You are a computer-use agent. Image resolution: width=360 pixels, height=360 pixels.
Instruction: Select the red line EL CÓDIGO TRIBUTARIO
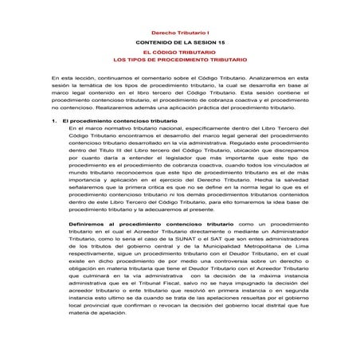pyautogui.click(x=179, y=52)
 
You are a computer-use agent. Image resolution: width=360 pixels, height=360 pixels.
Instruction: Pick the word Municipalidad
pyautogui.click(x=213, y=248)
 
